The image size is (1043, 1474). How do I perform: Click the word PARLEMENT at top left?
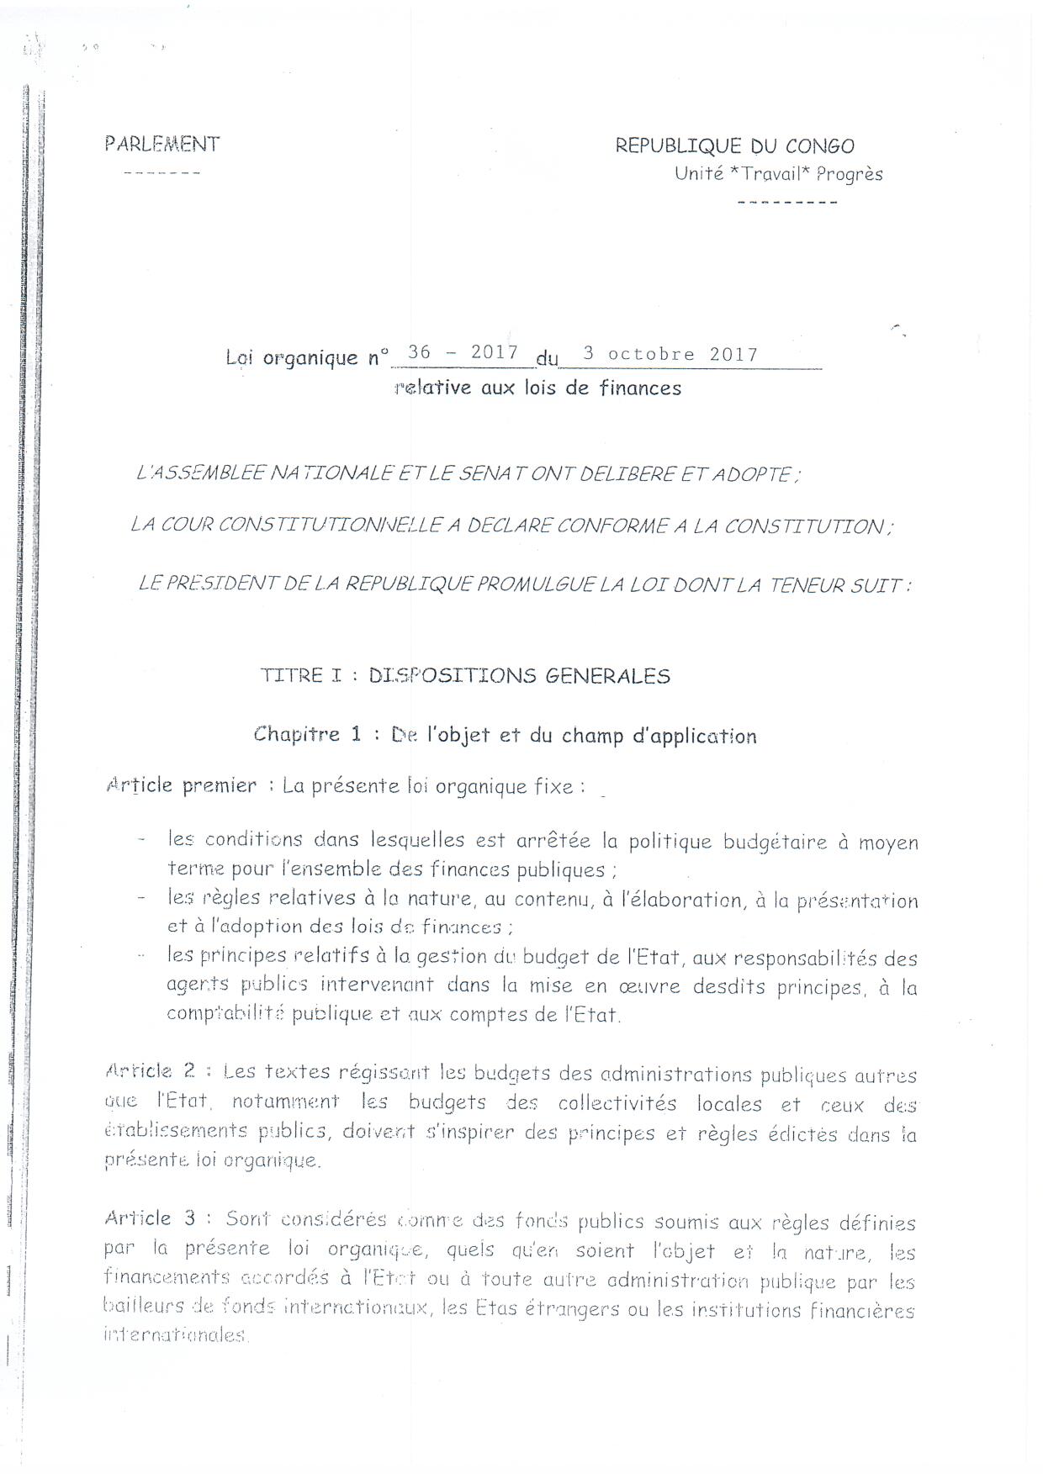pyautogui.click(x=162, y=144)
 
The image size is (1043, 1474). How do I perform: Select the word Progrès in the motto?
pyautogui.click(x=850, y=175)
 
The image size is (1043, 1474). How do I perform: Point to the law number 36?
pyautogui.click(x=419, y=352)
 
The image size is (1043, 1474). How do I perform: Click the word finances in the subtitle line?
pyautogui.click(x=640, y=388)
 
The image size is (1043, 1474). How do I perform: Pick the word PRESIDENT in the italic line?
pyautogui.click(x=223, y=584)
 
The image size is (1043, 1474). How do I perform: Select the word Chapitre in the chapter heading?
pyautogui.click(x=296, y=734)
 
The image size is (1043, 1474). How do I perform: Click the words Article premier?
pyautogui.click(x=181, y=785)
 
